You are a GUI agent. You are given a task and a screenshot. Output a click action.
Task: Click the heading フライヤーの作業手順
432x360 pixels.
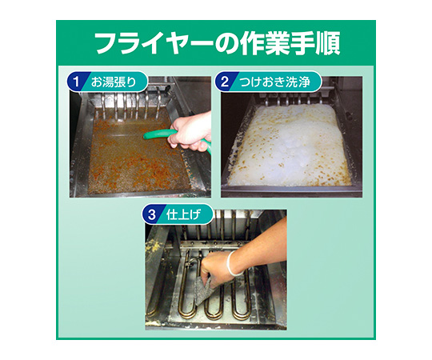[x=218, y=44]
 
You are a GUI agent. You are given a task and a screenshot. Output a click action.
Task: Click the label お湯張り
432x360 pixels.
[x=114, y=82]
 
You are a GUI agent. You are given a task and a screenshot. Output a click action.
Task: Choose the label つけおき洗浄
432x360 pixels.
[x=274, y=82]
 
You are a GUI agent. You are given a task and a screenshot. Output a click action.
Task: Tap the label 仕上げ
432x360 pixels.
[x=183, y=215]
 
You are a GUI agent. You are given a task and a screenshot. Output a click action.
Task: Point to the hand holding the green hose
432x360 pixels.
[x=190, y=132]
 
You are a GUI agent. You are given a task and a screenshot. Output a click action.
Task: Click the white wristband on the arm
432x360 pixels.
[x=233, y=263]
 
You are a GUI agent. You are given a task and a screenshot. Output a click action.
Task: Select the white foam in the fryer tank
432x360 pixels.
[x=290, y=145]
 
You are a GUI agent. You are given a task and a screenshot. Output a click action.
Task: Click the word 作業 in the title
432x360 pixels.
[x=264, y=44]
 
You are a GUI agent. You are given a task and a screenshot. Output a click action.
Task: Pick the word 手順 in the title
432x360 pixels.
[x=316, y=44]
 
